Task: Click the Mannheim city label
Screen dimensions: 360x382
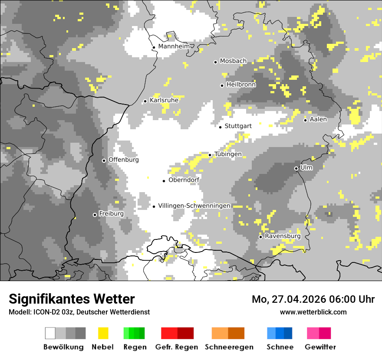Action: click(175, 46)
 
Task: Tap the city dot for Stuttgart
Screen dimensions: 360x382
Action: click(221, 127)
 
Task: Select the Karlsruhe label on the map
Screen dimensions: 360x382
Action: click(164, 100)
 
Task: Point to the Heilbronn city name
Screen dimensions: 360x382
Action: click(241, 85)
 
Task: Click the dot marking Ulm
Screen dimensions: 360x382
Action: click(296, 168)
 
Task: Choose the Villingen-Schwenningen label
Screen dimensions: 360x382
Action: click(194, 206)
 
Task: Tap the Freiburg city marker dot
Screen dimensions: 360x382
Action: click(95, 215)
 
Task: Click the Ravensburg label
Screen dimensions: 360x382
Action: click(283, 236)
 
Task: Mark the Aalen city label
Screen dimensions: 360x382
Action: click(318, 119)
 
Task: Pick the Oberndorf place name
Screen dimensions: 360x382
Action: click(184, 180)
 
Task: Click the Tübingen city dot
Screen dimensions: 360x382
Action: click(210, 155)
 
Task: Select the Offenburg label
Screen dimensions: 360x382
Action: click(124, 160)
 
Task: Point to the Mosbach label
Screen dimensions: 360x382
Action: click(233, 61)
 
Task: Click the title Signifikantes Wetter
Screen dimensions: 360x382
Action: click(72, 299)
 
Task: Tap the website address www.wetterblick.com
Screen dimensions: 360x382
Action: click(313, 312)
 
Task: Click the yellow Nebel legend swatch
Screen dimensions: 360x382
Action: click(103, 333)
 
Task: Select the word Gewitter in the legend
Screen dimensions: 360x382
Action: click(320, 347)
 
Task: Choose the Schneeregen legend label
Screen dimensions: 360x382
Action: click(229, 347)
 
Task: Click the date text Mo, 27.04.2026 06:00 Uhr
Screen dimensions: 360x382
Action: click(313, 299)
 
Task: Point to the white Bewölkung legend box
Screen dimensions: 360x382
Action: click(50, 333)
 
